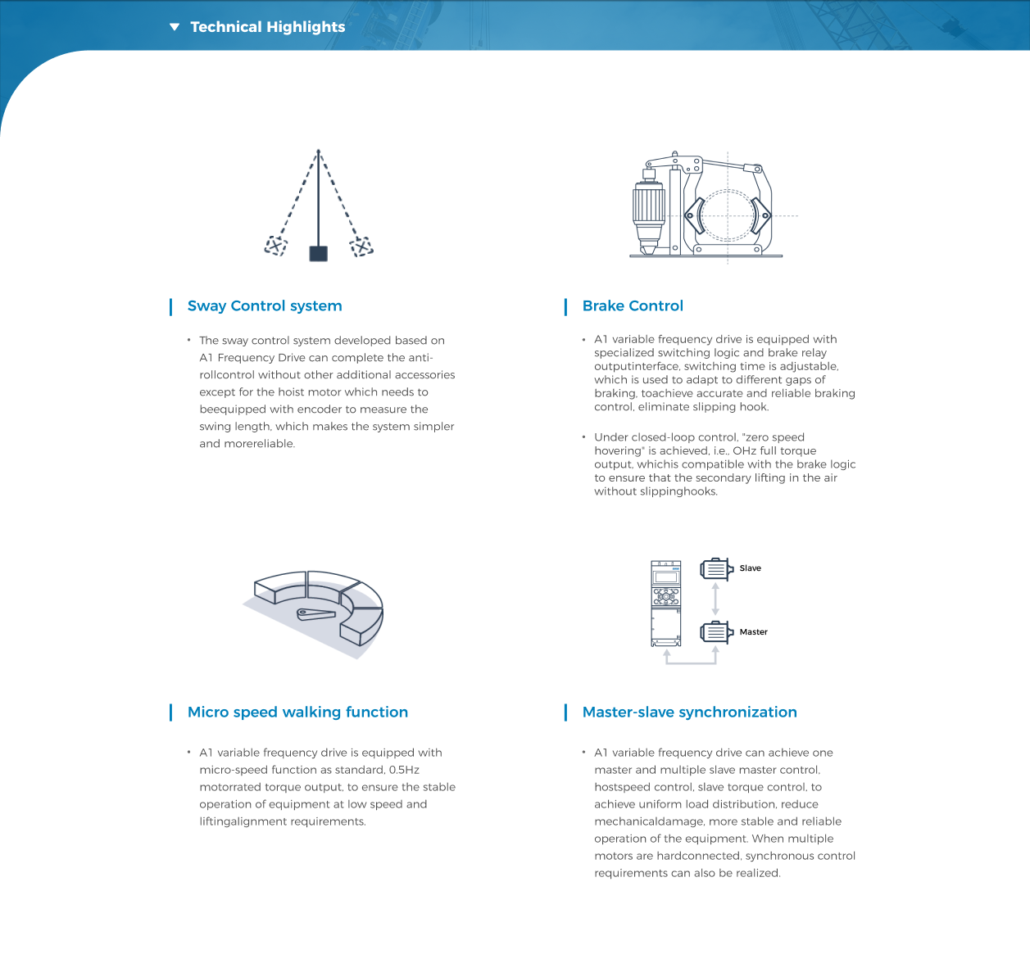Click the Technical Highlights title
(267, 27)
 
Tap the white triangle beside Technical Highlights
(174, 27)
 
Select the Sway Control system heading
(265, 306)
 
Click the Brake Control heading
(633, 306)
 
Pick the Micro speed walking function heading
(297, 712)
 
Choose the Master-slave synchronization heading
(689, 712)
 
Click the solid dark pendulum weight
(318, 253)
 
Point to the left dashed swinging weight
(276, 246)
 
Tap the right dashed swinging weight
(361, 246)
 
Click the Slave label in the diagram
(750, 568)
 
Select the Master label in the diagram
(753, 632)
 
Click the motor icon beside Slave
(715, 568)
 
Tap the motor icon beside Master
(715, 632)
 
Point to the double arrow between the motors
(715, 599)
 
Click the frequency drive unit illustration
(665, 604)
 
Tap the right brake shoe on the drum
(760, 216)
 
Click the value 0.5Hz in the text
(404, 770)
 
